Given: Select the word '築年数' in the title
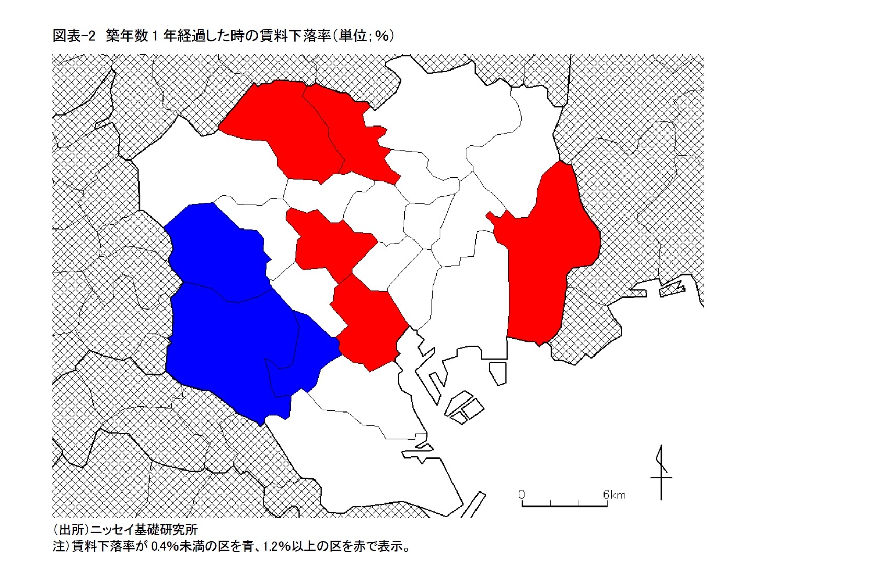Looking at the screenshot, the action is (127, 36).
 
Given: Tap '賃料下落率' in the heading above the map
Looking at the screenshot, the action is (296, 36).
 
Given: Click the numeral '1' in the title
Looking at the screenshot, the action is (155, 36).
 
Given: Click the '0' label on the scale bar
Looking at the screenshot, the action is (521, 494).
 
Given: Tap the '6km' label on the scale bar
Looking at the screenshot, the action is (614, 494).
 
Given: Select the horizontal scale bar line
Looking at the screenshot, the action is (564, 506).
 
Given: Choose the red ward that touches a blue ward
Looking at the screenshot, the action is (368, 324).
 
